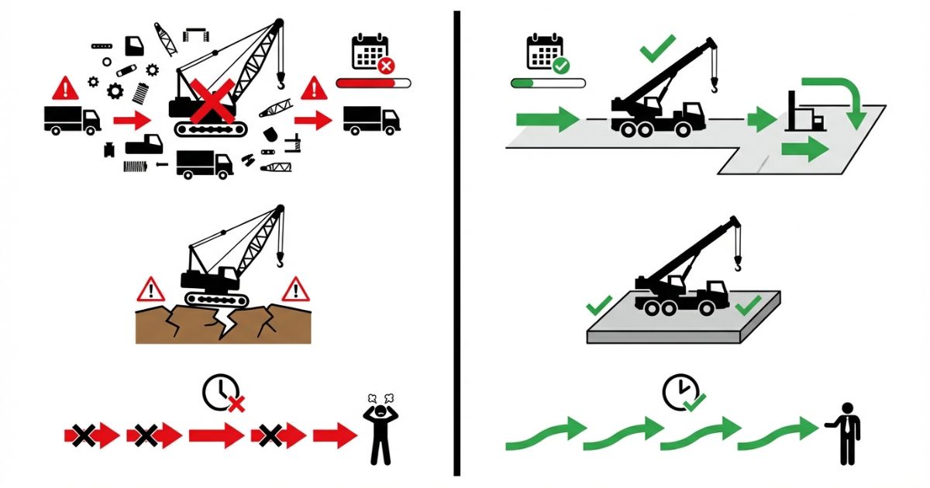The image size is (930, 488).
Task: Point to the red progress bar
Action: click(373, 83)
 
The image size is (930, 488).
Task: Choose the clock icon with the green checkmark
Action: click(680, 393)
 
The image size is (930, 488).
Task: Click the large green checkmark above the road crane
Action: click(657, 52)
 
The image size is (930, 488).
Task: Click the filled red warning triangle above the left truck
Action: click(66, 89)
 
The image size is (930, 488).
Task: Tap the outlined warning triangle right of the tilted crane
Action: click(294, 290)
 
